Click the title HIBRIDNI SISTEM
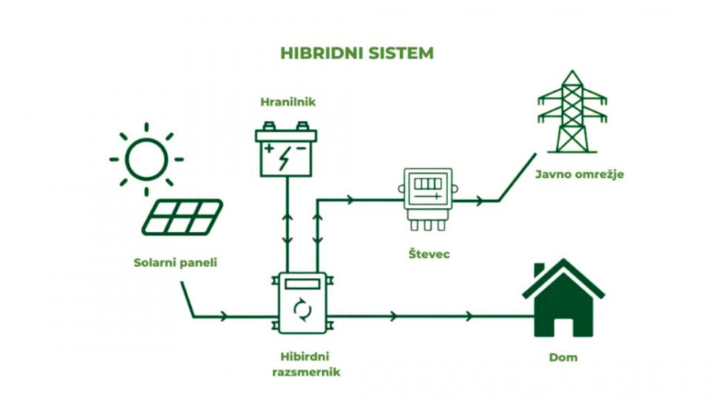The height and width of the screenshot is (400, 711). point(356,53)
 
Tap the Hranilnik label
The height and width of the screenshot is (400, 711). point(288,102)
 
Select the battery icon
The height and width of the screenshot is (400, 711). point(286,150)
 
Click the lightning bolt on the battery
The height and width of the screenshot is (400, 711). point(286,158)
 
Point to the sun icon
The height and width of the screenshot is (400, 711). point(146,159)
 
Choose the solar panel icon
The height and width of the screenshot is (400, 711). point(182,216)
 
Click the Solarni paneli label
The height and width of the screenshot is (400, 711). point(176,262)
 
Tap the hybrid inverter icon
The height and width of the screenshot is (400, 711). point(303,304)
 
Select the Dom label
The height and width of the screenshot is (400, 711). point(563,357)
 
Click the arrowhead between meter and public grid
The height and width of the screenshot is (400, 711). point(481,200)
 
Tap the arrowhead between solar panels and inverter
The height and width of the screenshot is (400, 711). point(224,317)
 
